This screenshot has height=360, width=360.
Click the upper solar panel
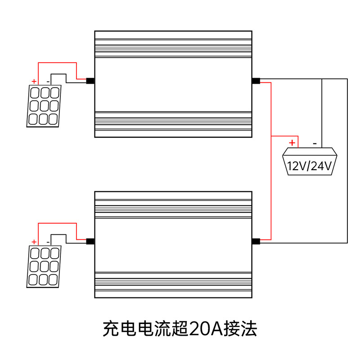pos(44,106)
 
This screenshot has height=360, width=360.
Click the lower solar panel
pos(44,266)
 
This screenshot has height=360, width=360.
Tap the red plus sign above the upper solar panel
pos(34,81)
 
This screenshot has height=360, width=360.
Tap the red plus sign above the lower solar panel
pos(34,242)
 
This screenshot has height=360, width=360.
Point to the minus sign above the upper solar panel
pos(48,82)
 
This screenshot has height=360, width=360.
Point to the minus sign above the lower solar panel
pos(48,242)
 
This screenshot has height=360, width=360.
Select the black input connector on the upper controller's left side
pos(90,81)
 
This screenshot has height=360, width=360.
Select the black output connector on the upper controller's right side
pos(256,81)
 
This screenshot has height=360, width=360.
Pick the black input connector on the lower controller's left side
pos(90,241)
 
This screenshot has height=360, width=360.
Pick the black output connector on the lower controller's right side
pos(256,241)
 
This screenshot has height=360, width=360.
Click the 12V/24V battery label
pos(310,166)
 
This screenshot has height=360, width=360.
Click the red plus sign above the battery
pos(292,143)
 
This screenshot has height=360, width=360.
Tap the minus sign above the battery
pos(315,144)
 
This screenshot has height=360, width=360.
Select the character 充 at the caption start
pos(111,329)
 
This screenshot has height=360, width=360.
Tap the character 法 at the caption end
pos(249,329)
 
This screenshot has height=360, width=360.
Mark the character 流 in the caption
pos(162,329)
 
